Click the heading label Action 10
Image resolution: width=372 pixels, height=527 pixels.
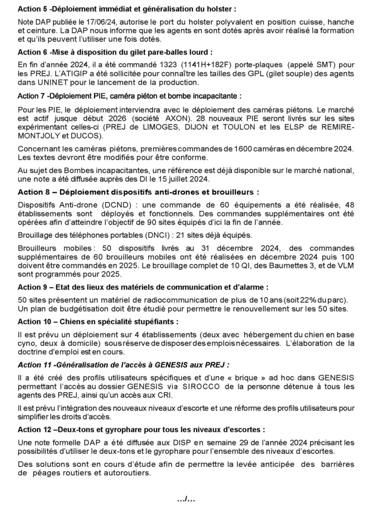37,322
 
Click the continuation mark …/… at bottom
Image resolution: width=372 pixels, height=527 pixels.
186,499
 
